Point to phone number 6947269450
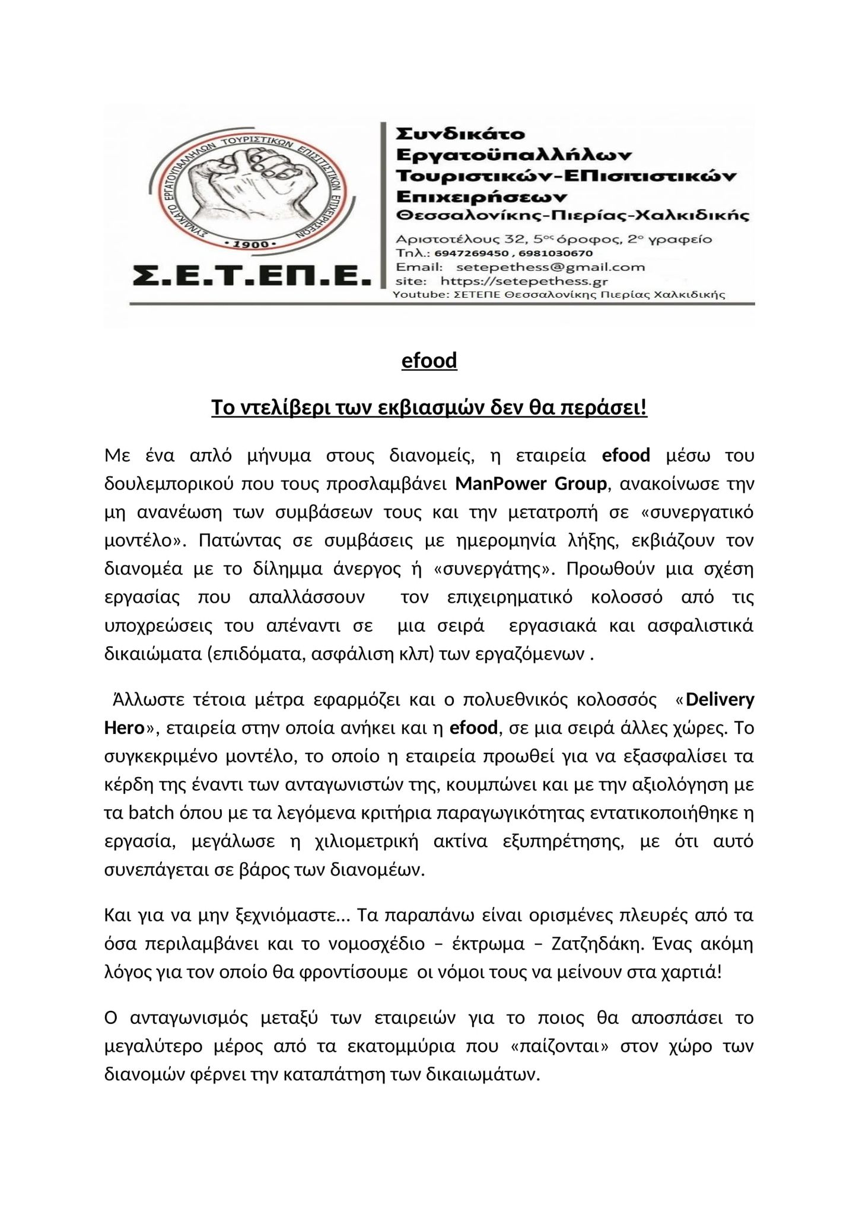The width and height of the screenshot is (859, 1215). click(468, 253)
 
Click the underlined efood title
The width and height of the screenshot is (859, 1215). click(429, 361)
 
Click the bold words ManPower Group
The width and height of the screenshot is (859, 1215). click(531, 484)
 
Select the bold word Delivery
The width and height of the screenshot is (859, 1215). click(720, 700)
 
